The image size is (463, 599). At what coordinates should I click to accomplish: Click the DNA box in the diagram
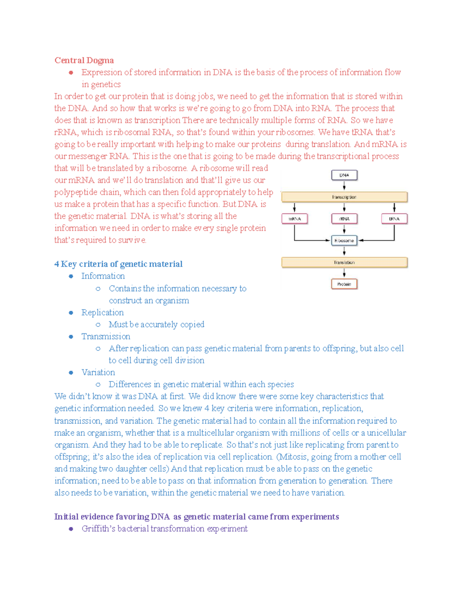[344, 175]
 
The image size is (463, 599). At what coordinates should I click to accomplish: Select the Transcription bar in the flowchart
[344, 197]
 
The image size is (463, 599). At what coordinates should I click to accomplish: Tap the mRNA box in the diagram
[294, 219]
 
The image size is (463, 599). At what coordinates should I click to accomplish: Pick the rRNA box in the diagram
[344, 219]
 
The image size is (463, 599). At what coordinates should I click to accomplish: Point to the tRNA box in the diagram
[394, 219]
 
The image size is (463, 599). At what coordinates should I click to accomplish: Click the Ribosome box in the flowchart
[344, 241]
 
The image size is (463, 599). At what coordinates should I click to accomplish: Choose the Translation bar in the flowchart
[344, 262]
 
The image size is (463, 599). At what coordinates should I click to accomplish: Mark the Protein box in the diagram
[344, 284]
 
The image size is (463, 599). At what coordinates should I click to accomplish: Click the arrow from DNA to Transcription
[344, 186]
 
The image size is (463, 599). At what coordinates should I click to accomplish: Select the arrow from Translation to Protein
[344, 273]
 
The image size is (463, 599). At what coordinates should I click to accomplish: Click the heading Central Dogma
[84, 60]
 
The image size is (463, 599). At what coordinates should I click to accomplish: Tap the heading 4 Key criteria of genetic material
[118, 264]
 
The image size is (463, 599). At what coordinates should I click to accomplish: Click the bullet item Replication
[103, 312]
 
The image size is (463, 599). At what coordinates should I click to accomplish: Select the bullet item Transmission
[106, 336]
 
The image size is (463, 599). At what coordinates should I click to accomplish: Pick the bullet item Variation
[98, 372]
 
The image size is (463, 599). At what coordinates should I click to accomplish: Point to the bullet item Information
[103, 276]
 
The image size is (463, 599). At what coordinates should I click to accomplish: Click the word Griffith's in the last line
[98, 529]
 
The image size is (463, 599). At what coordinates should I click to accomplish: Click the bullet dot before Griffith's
[71, 529]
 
